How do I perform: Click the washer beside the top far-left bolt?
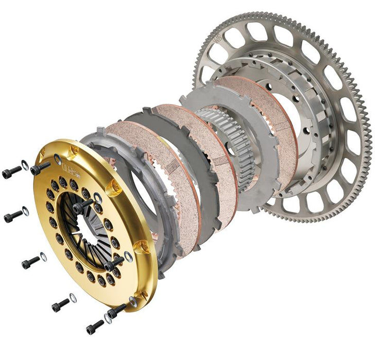pyautogui.click(x=25, y=166)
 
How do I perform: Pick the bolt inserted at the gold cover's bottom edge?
pyautogui.click(x=116, y=310)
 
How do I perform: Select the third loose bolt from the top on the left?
pyautogui.click(x=31, y=263)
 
